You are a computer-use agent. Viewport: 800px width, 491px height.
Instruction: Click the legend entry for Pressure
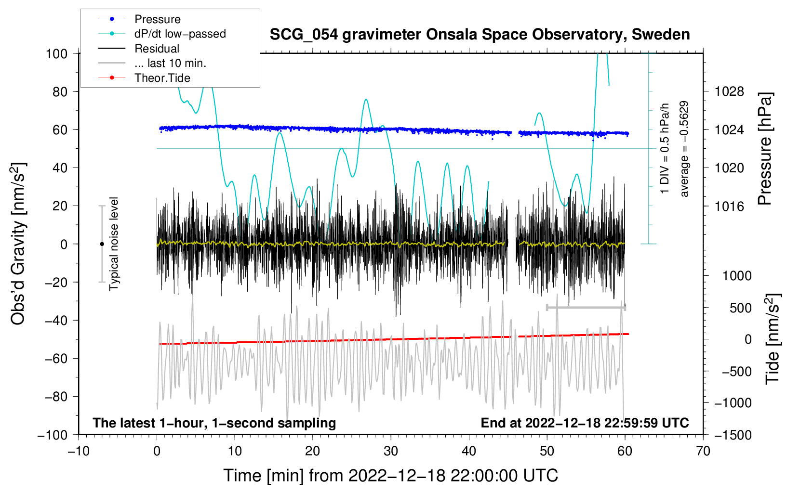(x=140, y=19)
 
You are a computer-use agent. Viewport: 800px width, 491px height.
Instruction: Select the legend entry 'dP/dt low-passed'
(x=162, y=34)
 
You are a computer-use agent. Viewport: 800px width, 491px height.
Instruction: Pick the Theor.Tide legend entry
(x=144, y=78)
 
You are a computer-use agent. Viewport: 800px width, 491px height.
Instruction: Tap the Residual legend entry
(x=139, y=49)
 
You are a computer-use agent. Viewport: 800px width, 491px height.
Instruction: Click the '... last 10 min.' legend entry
(x=152, y=63)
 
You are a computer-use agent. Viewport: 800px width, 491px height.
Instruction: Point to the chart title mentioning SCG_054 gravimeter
(x=480, y=35)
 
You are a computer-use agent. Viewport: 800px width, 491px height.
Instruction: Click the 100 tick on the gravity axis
(x=57, y=54)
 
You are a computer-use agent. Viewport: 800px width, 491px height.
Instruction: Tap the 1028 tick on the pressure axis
(x=729, y=92)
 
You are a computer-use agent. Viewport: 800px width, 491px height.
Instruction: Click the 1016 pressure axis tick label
(x=729, y=206)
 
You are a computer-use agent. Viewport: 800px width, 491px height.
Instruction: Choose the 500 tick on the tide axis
(x=740, y=308)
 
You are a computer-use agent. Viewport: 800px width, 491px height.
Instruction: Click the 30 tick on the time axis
(x=391, y=452)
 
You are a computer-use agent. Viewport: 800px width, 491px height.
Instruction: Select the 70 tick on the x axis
(x=703, y=452)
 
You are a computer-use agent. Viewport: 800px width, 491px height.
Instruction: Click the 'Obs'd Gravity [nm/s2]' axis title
(x=18, y=244)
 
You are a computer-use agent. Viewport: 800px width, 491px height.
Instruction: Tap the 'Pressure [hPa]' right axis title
(x=765, y=149)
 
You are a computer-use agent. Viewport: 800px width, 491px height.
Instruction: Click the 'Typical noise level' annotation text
(x=114, y=244)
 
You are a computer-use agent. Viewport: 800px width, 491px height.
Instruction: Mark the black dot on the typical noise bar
(x=102, y=244)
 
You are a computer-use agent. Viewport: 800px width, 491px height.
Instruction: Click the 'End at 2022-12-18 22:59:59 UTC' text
(x=585, y=423)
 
